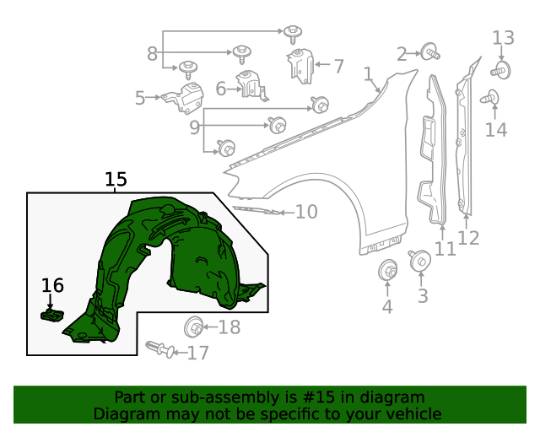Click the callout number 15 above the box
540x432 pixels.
[116, 179]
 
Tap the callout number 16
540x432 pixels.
[52, 286]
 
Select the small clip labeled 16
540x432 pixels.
[51, 315]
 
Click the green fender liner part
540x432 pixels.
[169, 262]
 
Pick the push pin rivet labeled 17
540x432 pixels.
[159, 348]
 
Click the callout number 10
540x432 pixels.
[306, 211]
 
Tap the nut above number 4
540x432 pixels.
[388, 272]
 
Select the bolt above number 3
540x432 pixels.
[419, 261]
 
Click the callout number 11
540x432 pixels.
[445, 249]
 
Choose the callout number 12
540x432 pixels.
[468, 238]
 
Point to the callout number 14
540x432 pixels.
[496, 129]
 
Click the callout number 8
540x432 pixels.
[152, 54]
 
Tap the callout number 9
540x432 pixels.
[194, 128]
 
